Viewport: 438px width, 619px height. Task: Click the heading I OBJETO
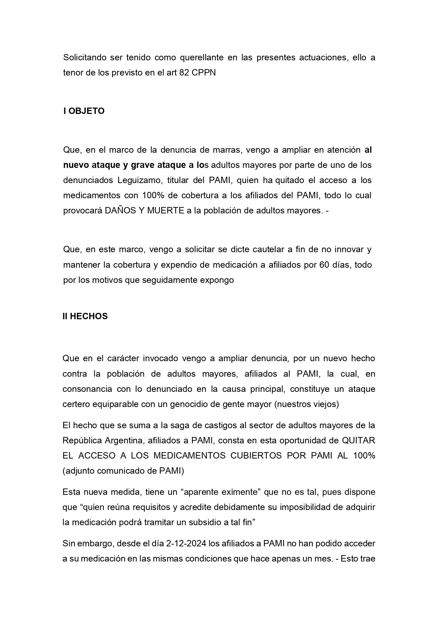coord(84,111)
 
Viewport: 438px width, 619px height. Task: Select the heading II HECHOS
coord(85,316)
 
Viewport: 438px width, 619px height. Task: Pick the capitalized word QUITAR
coord(359,441)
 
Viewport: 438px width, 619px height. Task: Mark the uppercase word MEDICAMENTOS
coord(190,455)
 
